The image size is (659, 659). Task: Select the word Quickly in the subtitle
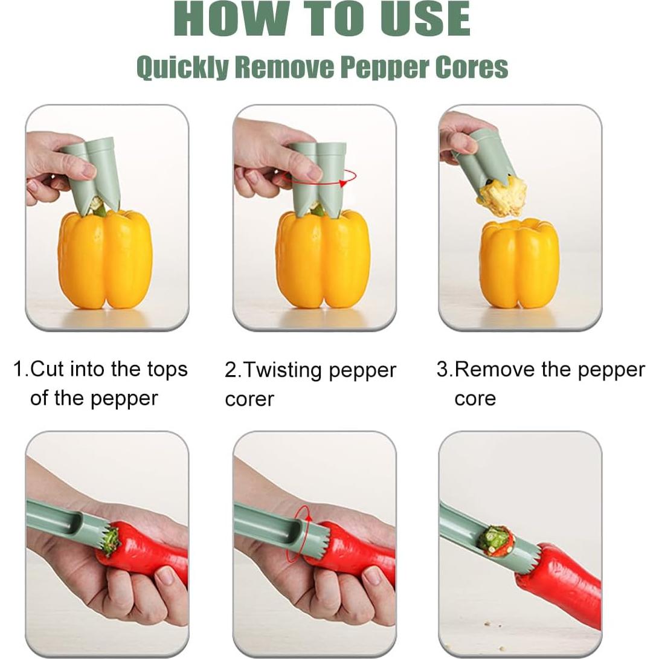pyautogui.click(x=182, y=67)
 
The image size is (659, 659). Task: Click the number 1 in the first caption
pyautogui.click(x=18, y=369)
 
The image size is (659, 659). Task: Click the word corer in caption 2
pyautogui.click(x=249, y=399)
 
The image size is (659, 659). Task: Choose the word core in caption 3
pyautogui.click(x=475, y=399)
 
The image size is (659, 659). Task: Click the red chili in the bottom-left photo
pyautogui.click(x=148, y=547)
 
